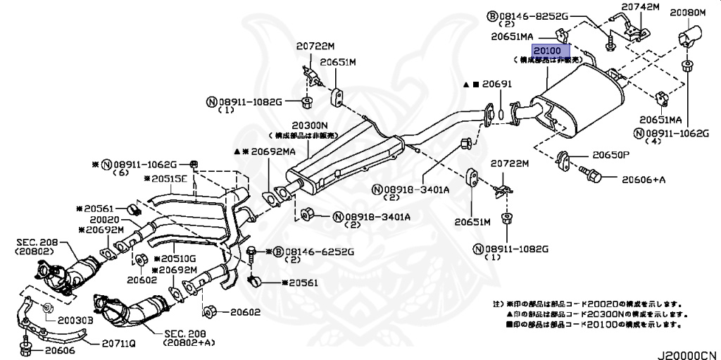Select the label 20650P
click(610, 154)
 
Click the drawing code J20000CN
click(687, 354)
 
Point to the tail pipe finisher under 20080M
click(686, 38)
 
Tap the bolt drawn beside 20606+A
click(589, 173)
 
